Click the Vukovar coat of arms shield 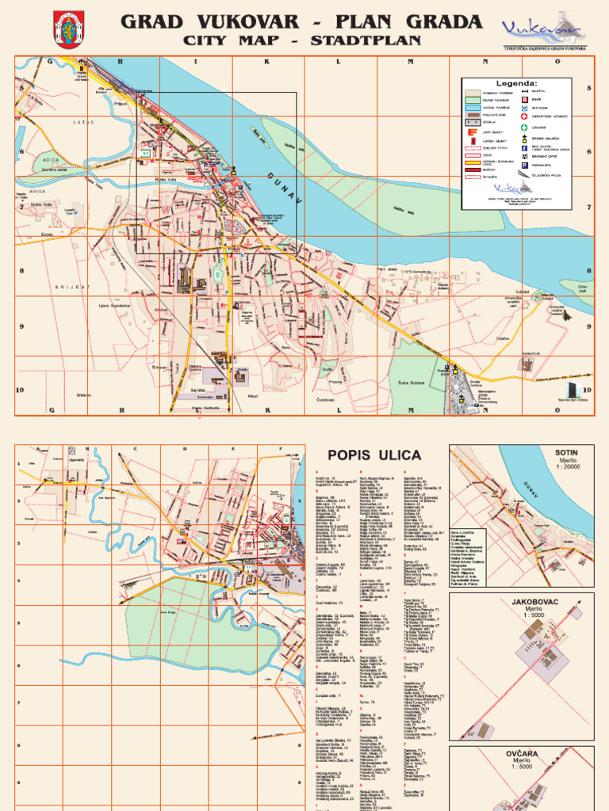(69, 30)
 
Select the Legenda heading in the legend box (516, 82)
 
